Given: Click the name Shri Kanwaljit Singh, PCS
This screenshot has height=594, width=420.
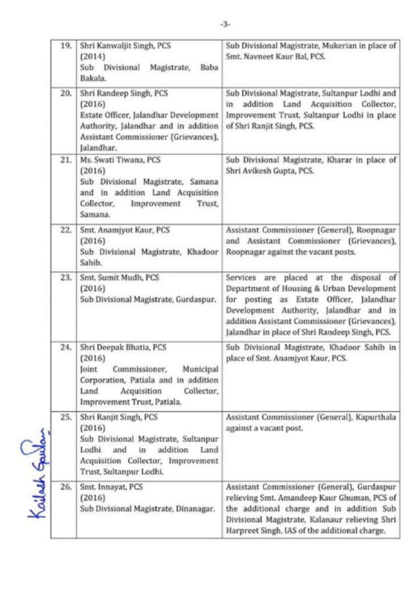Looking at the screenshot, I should (x=125, y=46).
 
